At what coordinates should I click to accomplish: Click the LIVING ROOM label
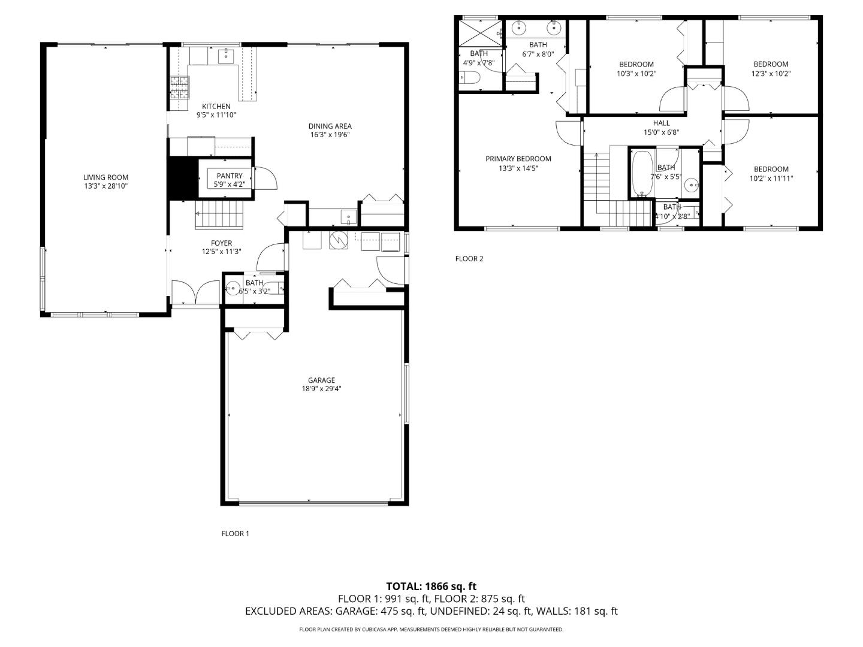pyautogui.click(x=105, y=177)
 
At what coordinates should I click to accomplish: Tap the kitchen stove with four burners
pyautogui.click(x=179, y=87)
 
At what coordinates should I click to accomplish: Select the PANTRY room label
pyautogui.click(x=230, y=176)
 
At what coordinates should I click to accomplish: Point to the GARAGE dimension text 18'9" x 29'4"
pyautogui.click(x=321, y=389)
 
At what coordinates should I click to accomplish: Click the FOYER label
pyautogui.click(x=221, y=243)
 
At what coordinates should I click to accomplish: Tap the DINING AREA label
pyautogui.click(x=330, y=126)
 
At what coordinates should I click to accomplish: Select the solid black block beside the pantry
pyautogui.click(x=182, y=178)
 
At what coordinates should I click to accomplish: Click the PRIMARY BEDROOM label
pyautogui.click(x=518, y=159)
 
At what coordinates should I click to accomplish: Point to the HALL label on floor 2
pyautogui.click(x=661, y=123)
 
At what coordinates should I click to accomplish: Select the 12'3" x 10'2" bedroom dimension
pyautogui.click(x=771, y=74)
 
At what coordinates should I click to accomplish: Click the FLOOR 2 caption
pyautogui.click(x=469, y=259)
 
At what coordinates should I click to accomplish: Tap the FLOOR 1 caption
pyautogui.click(x=235, y=534)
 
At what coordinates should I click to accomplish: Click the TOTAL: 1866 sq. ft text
pyautogui.click(x=431, y=586)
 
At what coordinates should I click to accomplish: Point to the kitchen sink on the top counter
pyautogui.click(x=225, y=55)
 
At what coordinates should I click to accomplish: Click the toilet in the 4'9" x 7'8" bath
pyautogui.click(x=470, y=78)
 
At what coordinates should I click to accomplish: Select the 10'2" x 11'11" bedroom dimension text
pyautogui.click(x=771, y=178)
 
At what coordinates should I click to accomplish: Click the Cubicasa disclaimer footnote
pyautogui.click(x=431, y=630)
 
